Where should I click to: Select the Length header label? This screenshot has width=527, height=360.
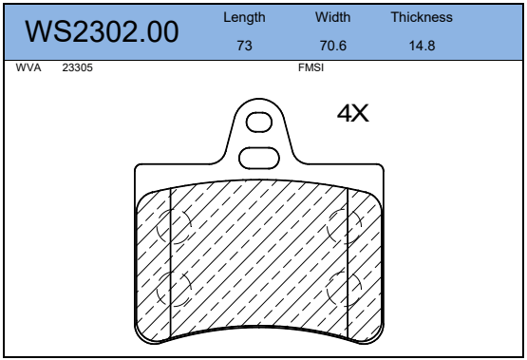pos(244,18)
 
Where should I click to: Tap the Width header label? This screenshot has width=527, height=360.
pos(332,18)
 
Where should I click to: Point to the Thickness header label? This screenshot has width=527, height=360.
pos(422,18)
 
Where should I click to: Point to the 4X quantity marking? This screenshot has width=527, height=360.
pos(352,114)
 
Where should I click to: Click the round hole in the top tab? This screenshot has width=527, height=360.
pos(258,122)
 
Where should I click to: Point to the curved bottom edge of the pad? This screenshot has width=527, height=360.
pos(258,331)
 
